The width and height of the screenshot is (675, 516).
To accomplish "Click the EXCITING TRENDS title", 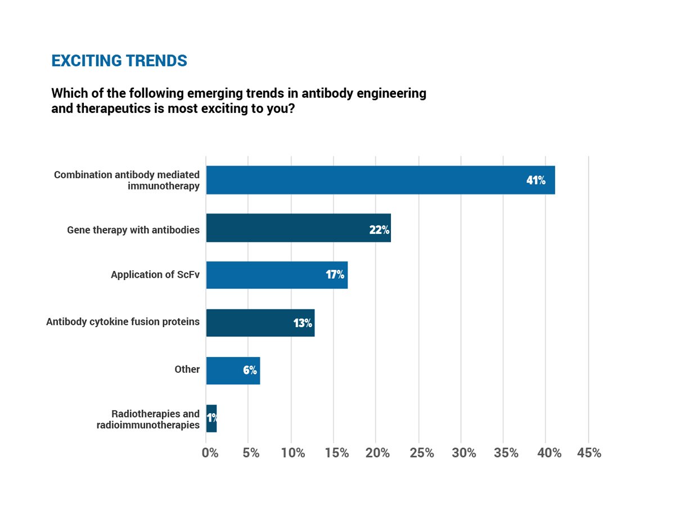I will pyautogui.click(x=119, y=61).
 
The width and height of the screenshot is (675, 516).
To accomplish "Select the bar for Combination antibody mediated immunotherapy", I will pyautogui.click(x=380, y=180).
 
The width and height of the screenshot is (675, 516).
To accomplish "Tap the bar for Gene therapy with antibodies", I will pyautogui.click(x=298, y=228).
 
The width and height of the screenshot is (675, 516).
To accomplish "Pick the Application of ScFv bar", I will pyautogui.click(x=277, y=275).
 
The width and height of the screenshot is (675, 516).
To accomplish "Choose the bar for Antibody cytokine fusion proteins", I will pyautogui.click(x=260, y=323).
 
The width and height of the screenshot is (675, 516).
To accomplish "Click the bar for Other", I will pyautogui.click(x=233, y=370).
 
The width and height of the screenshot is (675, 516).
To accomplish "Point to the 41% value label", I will pyautogui.click(x=535, y=180).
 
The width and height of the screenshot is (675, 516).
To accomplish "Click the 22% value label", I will pyautogui.click(x=379, y=229).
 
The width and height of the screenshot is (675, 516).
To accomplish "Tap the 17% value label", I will pyautogui.click(x=335, y=275).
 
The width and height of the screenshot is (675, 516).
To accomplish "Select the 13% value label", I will pyautogui.click(x=303, y=323).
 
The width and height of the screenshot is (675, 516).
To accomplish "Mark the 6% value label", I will pyautogui.click(x=250, y=370).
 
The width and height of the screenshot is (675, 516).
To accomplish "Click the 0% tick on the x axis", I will pyautogui.click(x=210, y=453).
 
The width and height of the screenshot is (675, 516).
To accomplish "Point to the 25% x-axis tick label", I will pyautogui.click(x=421, y=453).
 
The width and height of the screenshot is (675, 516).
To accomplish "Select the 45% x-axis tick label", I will pyautogui.click(x=589, y=453).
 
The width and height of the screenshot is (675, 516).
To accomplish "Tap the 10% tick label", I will pyautogui.click(x=293, y=453).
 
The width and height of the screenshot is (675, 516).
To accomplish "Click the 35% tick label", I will pyautogui.click(x=506, y=453).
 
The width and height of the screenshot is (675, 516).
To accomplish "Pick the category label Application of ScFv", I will pyautogui.click(x=155, y=275).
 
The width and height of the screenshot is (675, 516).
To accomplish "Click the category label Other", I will pyautogui.click(x=187, y=369).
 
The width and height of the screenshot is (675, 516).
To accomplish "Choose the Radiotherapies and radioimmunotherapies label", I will pyautogui.click(x=148, y=419).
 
